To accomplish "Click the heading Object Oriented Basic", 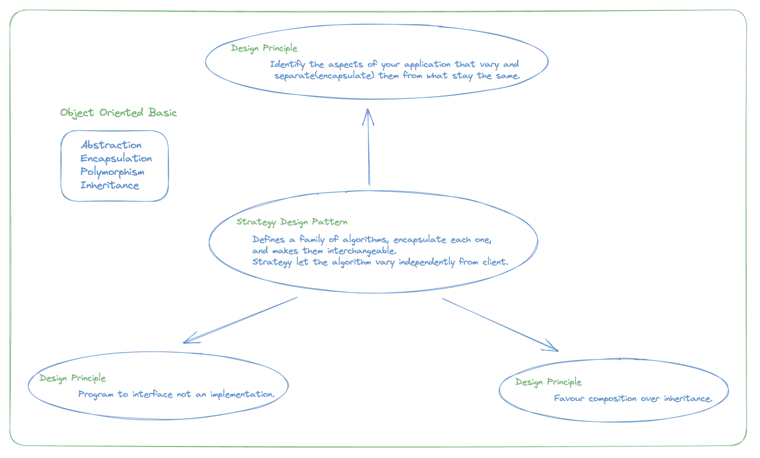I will coord(118,113).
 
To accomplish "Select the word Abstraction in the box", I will coord(111,145).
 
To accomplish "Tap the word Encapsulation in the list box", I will coord(116,158).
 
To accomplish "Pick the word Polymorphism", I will coord(112,172).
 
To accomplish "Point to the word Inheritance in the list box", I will coord(109,185).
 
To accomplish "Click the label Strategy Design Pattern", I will coord(292,222).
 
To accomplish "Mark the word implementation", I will coord(242,394).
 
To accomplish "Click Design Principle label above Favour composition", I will coord(548,382).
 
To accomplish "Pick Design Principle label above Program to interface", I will coord(73,378).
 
